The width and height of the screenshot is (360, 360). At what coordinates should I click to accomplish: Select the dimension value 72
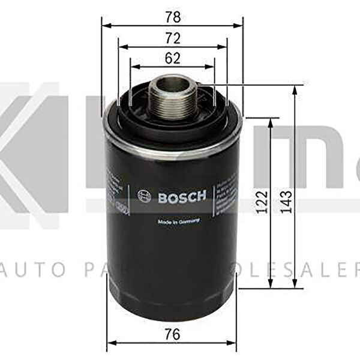pos(173,38)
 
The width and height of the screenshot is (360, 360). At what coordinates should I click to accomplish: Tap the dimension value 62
pos(172,59)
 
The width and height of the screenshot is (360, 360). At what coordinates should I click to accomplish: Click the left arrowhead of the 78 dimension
pos(104,25)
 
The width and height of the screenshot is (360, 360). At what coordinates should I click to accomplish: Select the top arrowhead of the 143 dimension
pos(295,88)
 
